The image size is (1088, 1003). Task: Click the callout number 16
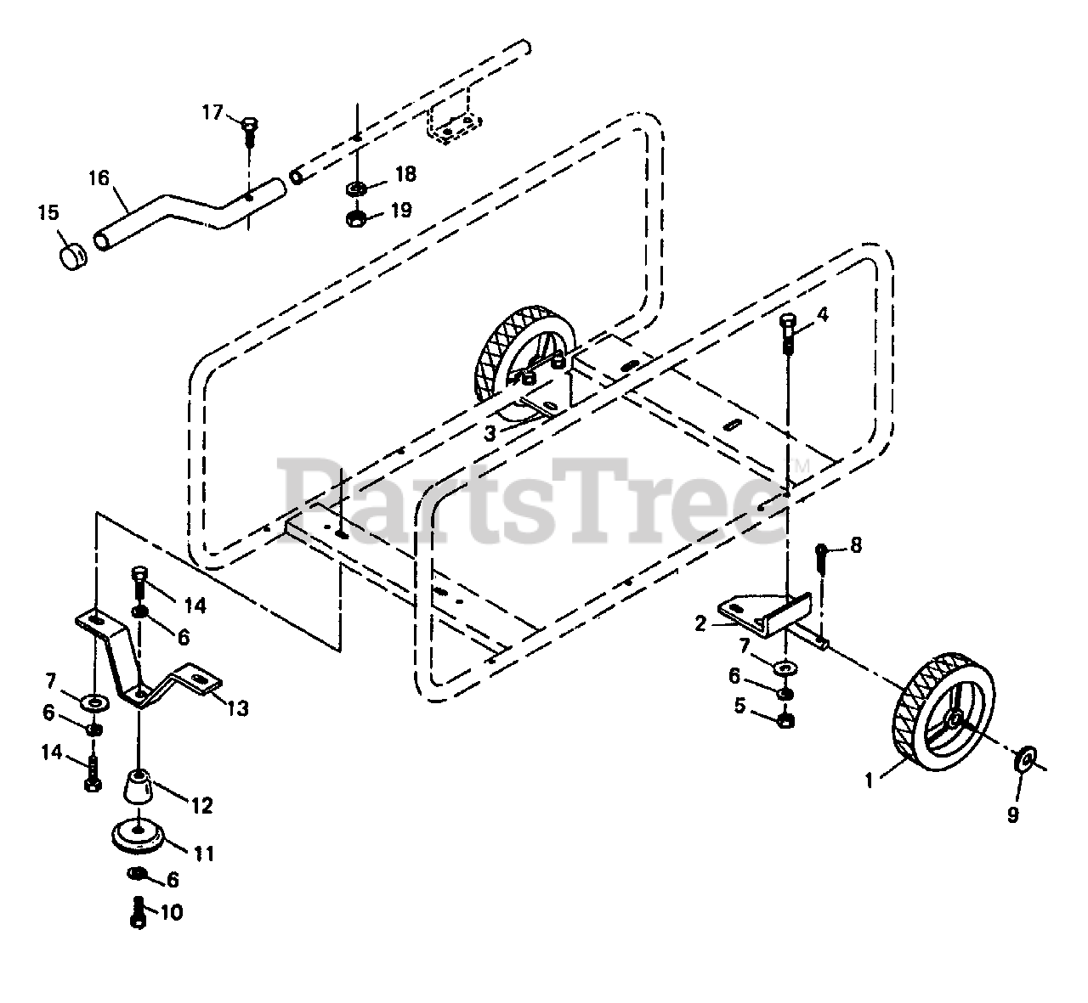[x=99, y=178]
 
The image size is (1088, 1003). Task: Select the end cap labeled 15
[x=76, y=252]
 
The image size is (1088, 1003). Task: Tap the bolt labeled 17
[x=248, y=127]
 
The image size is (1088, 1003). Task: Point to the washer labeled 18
[x=357, y=187]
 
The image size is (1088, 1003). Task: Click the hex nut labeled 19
[x=357, y=218]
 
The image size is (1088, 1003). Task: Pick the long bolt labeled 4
[x=787, y=335]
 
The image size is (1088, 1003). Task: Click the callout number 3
[x=490, y=433]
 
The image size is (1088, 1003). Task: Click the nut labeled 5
[x=786, y=720]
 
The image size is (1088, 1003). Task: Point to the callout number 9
[x=1012, y=814]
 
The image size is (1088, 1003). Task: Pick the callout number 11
[x=204, y=852]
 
